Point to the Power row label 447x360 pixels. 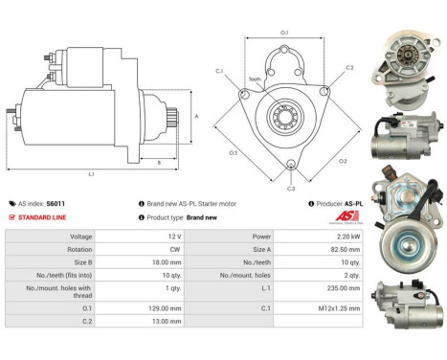point(259,235)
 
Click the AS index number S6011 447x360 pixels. point(56,204)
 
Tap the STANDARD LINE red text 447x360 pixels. point(42,217)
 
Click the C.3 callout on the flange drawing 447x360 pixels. point(291,189)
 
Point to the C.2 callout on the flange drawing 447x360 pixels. point(348,68)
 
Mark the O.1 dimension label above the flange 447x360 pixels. point(284,34)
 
